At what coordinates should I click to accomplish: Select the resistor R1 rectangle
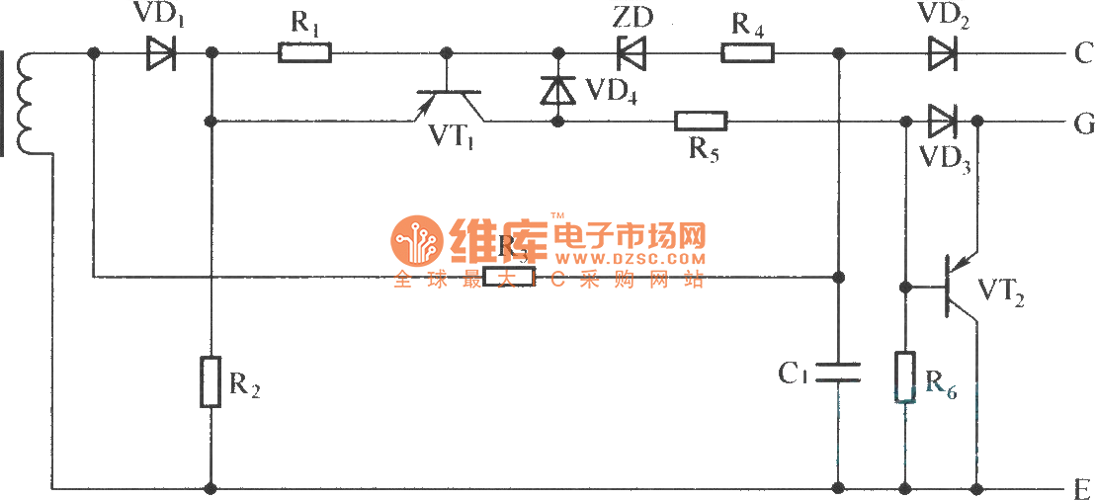coord(305,52)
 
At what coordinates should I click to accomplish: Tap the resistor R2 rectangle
coord(211,382)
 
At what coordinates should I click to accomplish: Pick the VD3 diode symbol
coord(943,122)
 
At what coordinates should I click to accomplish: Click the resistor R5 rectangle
coord(701,122)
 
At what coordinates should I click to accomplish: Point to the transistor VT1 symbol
coord(450,99)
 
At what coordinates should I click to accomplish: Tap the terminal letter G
coord(1081,124)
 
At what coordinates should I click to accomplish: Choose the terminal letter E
coord(1081,488)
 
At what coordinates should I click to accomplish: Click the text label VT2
coord(1000,291)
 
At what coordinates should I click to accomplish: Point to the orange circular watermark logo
coord(416,241)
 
